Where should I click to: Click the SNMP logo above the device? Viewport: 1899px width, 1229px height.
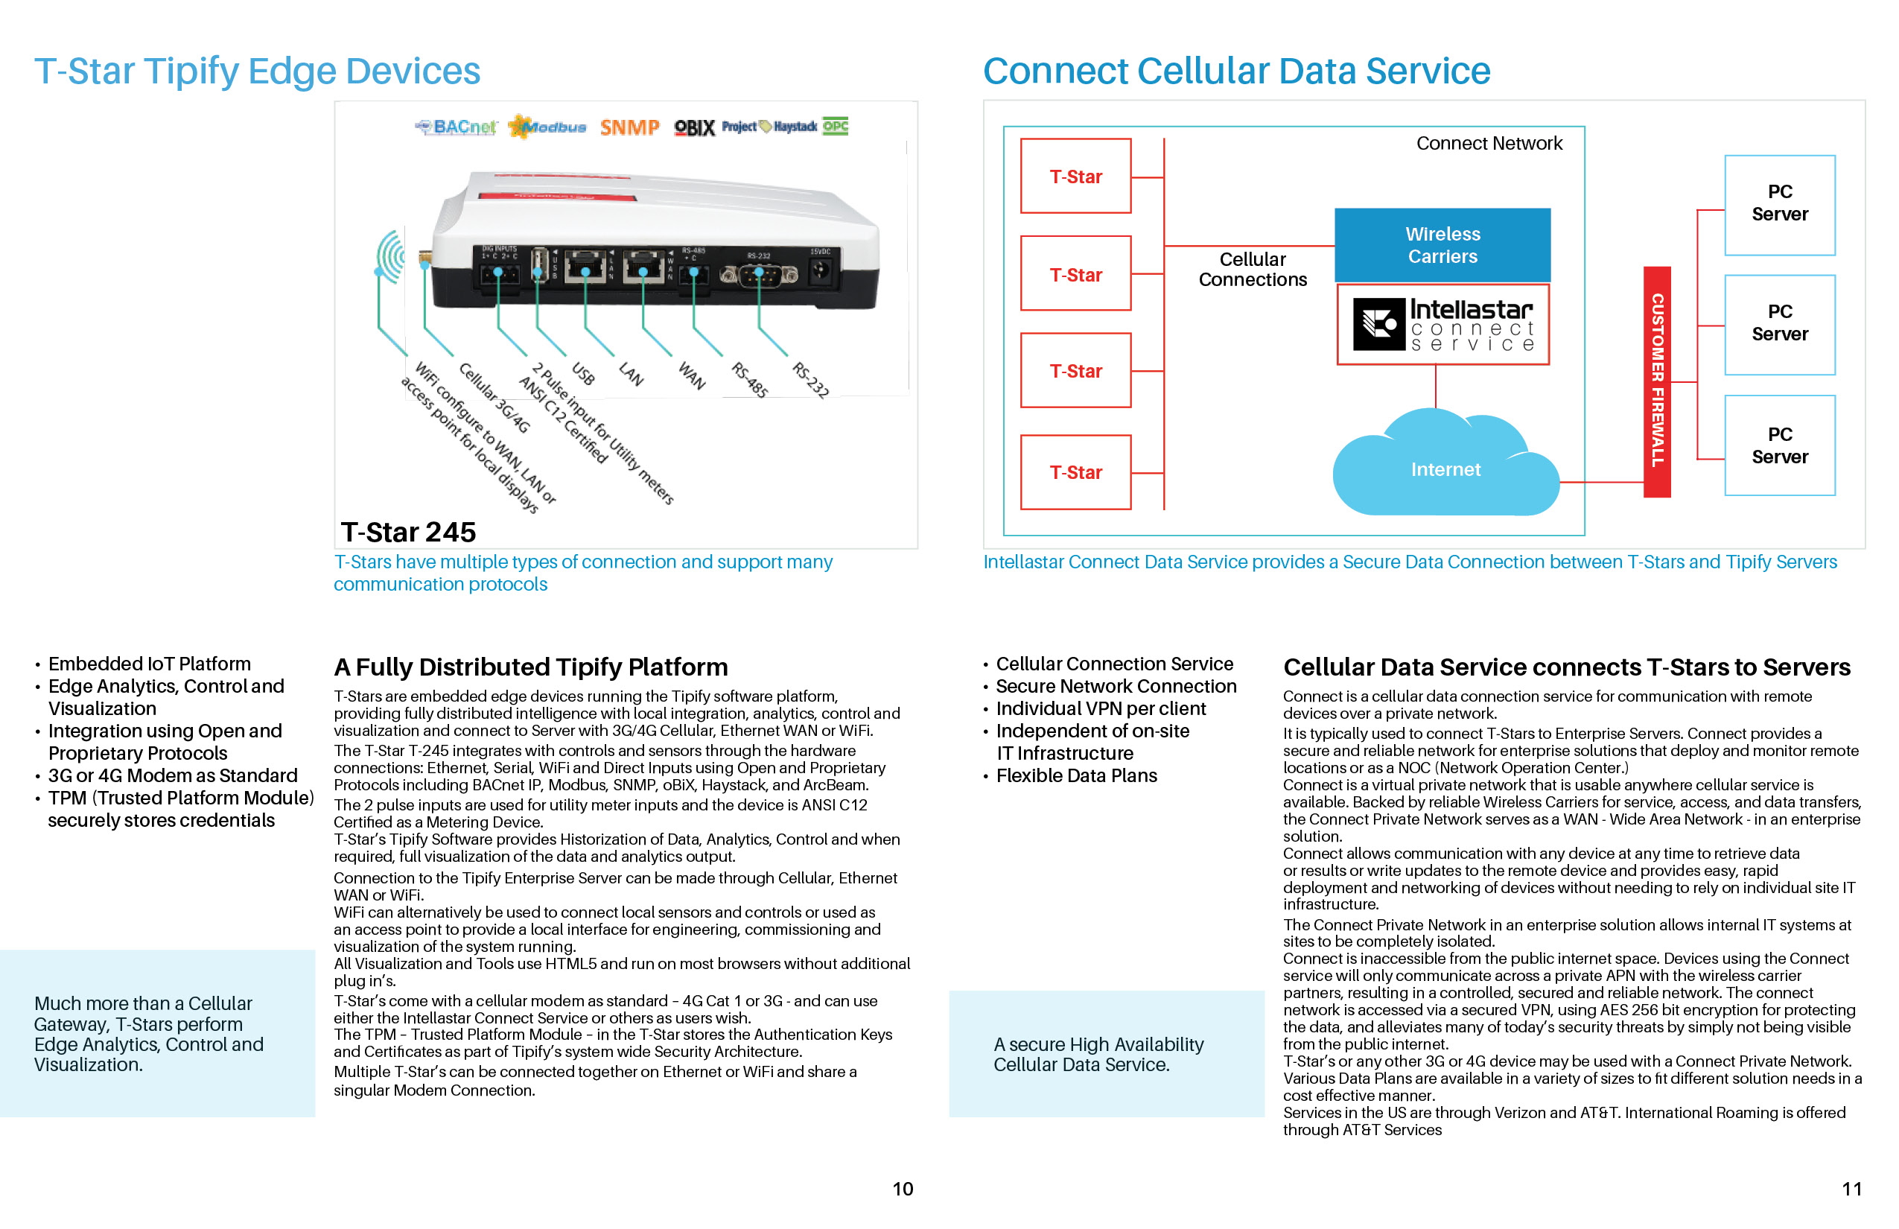coord(629,127)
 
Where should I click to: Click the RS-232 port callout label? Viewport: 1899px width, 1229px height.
coord(810,379)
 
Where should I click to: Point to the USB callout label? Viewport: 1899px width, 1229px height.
coord(583,373)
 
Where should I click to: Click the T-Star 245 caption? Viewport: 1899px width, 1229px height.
coord(408,533)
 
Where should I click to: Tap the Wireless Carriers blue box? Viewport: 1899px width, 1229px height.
coord(1442,245)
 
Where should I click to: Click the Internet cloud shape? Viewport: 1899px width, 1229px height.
coord(1445,469)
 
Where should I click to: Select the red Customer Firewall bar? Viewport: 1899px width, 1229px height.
coord(1656,381)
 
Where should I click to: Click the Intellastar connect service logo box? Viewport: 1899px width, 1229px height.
coord(1442,325)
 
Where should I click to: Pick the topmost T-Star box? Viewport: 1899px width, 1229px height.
coord(1075,177)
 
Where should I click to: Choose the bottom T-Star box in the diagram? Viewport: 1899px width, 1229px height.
coord(1075,472)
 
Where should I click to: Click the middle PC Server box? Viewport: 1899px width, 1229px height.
coord(1779,323)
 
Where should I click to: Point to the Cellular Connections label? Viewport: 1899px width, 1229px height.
coord(1252,270)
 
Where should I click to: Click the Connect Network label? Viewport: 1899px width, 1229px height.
coord(1489,144)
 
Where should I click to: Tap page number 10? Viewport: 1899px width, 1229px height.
coord(903,1189)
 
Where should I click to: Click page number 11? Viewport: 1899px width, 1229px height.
coord(1851,1189)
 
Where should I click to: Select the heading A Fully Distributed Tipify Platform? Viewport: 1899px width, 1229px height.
coord(530,667)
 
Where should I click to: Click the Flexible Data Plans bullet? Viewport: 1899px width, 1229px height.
coord(1075,775)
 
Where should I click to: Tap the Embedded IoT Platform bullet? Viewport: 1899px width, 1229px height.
coord(149,664)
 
